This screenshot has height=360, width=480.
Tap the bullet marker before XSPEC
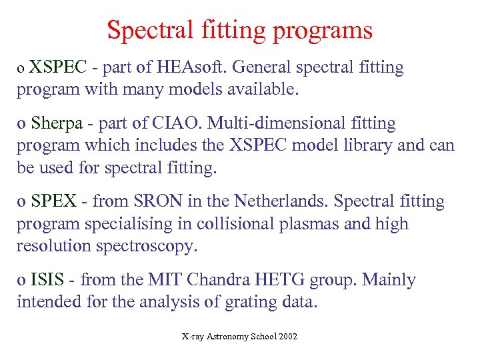pos(21,69)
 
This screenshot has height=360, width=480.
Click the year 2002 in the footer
pos(287,337)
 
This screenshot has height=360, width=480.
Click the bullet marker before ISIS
pos(21,281)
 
